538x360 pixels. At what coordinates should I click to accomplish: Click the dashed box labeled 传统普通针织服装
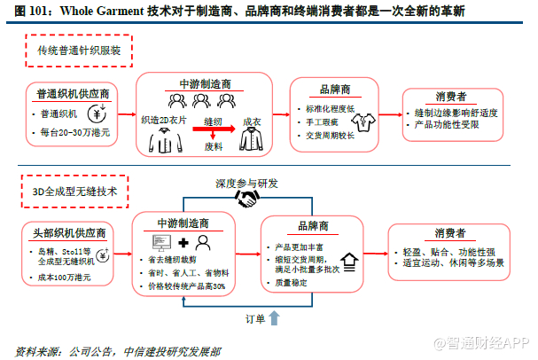click(x=78, y=50)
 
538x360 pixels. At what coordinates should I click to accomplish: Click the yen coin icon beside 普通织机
click(x=105, y=113)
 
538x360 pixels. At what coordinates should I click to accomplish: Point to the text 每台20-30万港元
click(x=77, y=132)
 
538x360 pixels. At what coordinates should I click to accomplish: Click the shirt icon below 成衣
click(x=252, y=141)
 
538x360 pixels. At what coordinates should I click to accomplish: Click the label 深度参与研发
click(x=246, y=184)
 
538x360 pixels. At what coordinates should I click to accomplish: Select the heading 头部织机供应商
click(x=70, y=233)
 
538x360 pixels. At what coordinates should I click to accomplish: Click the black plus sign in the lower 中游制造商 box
click(x=183, y=242)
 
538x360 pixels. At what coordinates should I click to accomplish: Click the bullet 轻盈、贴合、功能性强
click(x=447, y=251)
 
